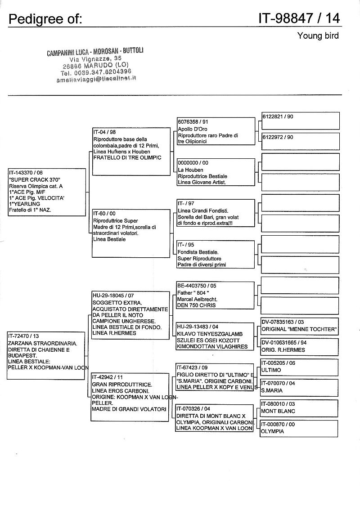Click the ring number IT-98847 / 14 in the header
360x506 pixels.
click(299, 18)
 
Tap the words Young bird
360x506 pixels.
click(318, 36)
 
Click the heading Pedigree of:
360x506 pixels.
click(45, 18)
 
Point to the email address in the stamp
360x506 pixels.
click(96, 78)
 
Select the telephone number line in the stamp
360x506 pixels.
click(96, 72)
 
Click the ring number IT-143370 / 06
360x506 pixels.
click(27, 173)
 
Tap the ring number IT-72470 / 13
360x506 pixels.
click(24, 336)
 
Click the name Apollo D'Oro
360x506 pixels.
click(193, 129)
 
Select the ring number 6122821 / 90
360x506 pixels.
click(278, 116)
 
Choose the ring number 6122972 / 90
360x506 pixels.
click(278, 137)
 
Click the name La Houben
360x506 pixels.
click(190, 170)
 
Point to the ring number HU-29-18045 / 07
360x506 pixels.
click(113, 296)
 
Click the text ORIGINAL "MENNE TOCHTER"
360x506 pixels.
click(298, 329)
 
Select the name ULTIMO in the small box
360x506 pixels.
click(271, 370)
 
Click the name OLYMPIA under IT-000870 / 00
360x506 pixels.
click(272, 431)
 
